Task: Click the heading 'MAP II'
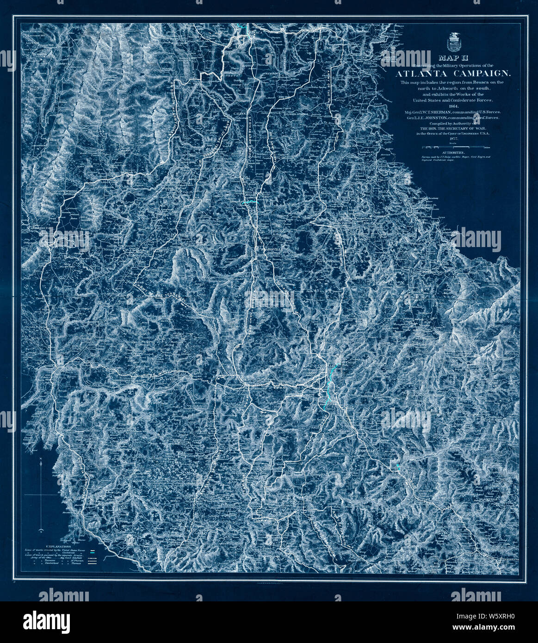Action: [452, 58]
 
